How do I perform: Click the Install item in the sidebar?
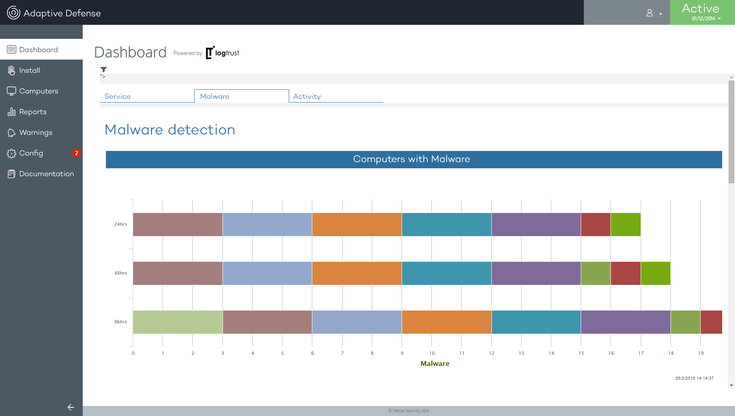point(29,70)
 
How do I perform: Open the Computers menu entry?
point(38,91)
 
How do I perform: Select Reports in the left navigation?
point(33,112)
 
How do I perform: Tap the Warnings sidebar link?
point(36,132)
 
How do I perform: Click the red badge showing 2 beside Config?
point(76,153)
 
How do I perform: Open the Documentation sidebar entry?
point(46,174)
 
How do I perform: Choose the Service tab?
point(117,96)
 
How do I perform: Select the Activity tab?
point(307,96)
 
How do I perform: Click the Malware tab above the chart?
point(215,96)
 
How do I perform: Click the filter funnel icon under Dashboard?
point(103,69)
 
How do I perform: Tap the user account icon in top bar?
point(650,13)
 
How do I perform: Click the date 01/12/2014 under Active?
point(704,19)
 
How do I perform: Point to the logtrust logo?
point(223,53)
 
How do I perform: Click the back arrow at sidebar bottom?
point(71,407)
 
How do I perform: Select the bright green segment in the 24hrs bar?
point(625,225)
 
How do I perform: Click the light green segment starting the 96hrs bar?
point(177,322)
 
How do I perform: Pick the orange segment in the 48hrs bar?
point(357,273)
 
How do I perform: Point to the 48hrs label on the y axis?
point(120,273)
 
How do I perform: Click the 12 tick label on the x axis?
point(491,353)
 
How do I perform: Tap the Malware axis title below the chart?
point(435,363)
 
